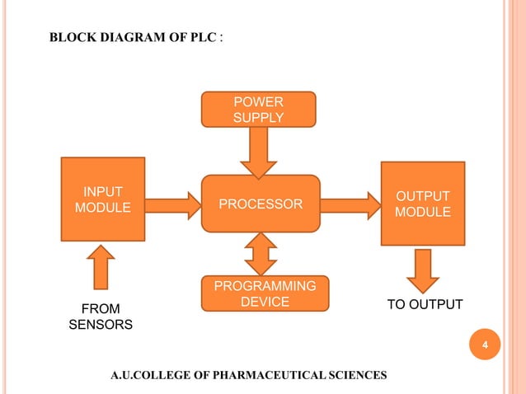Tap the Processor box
(x=261, y=204)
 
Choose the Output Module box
(x=423, y=204)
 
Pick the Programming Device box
(x=265, y=294)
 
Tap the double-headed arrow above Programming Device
(x=261, y=254)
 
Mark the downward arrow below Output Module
(x=423, y=270)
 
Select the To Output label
(x=425, y=306)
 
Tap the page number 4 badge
(x=486, y=345)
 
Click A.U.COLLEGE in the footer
(x=148, y=376)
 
